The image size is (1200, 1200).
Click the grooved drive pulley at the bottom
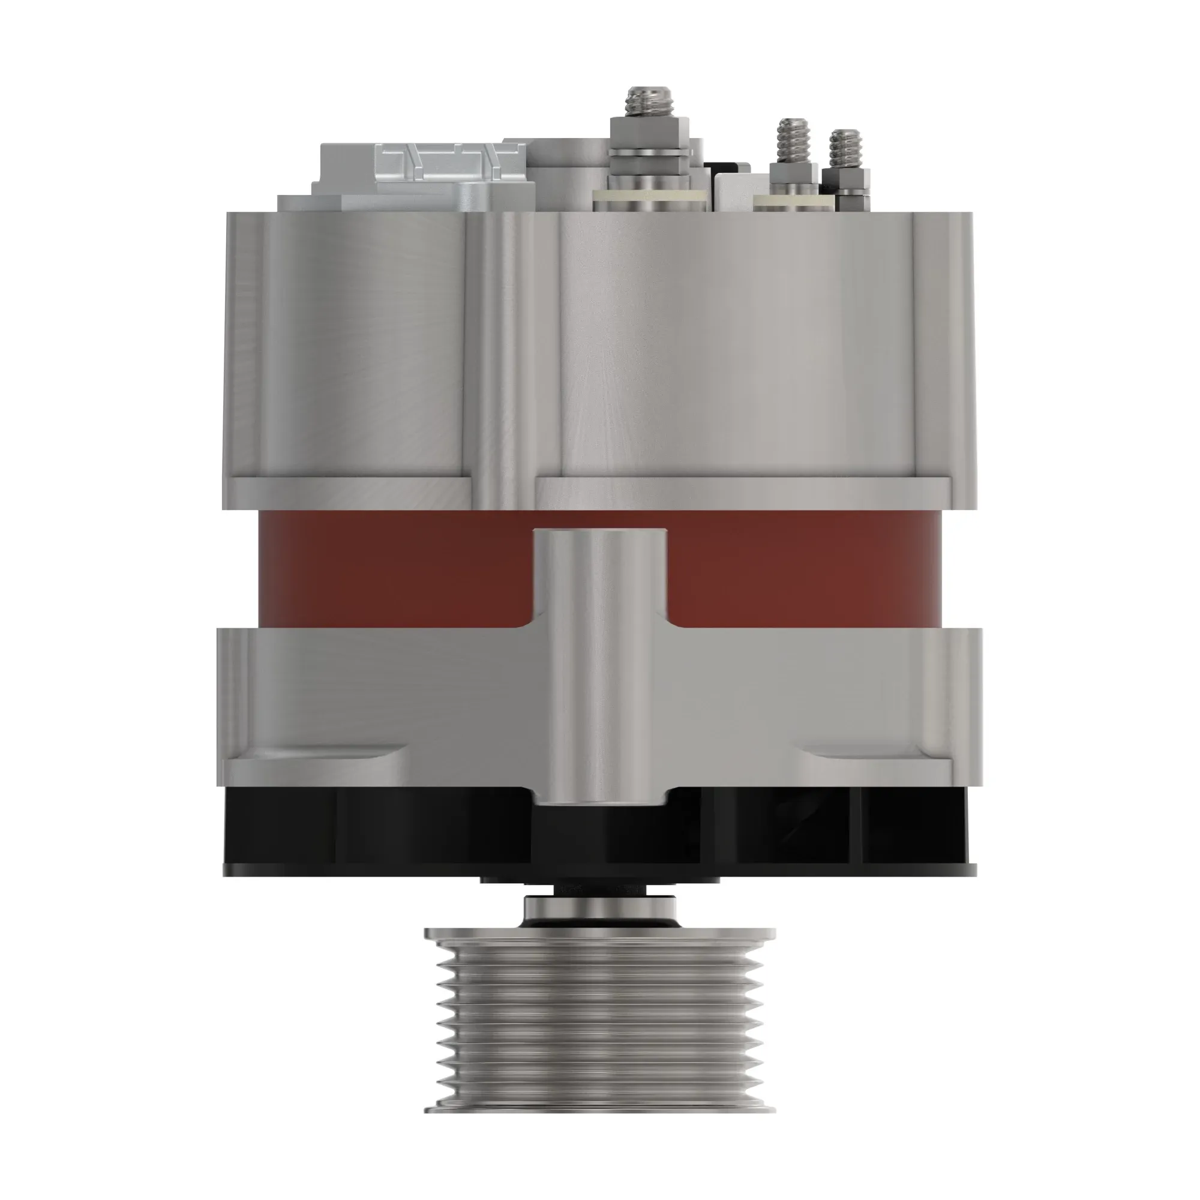[x=600, y=1019]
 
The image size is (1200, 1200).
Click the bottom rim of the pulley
[x=600, y=1107]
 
